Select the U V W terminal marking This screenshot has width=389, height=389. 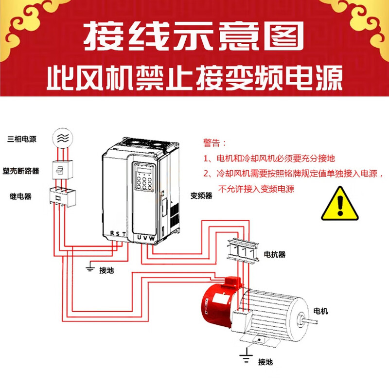146,237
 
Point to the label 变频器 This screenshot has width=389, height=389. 201,196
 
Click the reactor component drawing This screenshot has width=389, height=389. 243,252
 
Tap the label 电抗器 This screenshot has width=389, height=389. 275,254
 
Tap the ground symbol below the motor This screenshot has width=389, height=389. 247,357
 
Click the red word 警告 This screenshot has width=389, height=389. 214,143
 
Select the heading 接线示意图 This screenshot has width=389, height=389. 194,35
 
